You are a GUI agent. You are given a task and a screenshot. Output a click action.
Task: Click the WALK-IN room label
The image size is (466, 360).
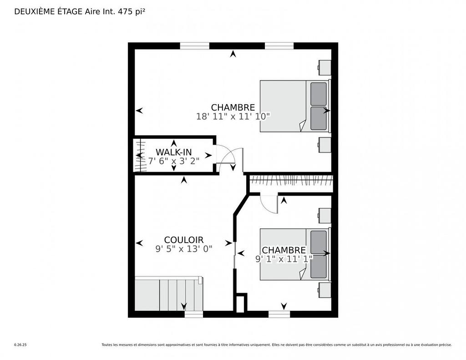pyautogui.click(x=173, y=152)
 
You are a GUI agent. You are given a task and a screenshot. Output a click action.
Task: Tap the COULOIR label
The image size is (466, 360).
pyautogui.click(x=184, y=240)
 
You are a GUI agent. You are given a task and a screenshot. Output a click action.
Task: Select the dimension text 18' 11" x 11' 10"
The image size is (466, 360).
pyautogui.click(x=233, y=116)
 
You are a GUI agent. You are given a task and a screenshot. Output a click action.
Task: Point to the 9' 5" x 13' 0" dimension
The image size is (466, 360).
pyautogui.click(x=184, y=249)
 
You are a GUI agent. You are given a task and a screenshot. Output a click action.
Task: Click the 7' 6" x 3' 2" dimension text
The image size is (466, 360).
pyautogui.click(x=174, y=161)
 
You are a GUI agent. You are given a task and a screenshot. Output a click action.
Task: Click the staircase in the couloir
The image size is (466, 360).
pyautogui.click(x=169, y=294)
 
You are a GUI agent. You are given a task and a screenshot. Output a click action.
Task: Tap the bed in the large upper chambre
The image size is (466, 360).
pyautogui.click(x=295, y=106)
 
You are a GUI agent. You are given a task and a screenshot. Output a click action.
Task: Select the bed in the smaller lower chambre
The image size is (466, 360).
pyautogui.click(x=295, y=254)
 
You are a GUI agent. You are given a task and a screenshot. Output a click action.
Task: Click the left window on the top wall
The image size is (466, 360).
pyautogui.click(x=195, y=46)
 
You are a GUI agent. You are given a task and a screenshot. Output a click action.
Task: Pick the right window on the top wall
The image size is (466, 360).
pyautogui.click(x=279, y=46)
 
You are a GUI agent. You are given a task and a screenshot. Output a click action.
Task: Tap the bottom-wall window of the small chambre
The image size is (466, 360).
pyautogui.click(x=279, y=314)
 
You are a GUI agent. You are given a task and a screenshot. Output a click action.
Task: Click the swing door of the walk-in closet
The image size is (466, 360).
pyautogui.click(x=229, y=157)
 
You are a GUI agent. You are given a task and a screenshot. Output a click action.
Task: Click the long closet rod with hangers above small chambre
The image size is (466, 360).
pyautogui.click(x=291, y=180)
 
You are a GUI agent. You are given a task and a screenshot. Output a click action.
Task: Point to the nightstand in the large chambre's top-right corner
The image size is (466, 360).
pyautogui.click(x=324, y=67)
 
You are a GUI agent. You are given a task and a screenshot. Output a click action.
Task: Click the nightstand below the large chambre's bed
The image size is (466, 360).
pyautogui.click(x=324, y=145)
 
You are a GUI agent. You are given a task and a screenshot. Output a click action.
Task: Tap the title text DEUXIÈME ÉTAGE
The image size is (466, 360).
pyautogui.click(x=49, y=11)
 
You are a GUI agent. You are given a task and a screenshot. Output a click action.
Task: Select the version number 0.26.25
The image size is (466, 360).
pyautogui.click(x=20, y=345)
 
